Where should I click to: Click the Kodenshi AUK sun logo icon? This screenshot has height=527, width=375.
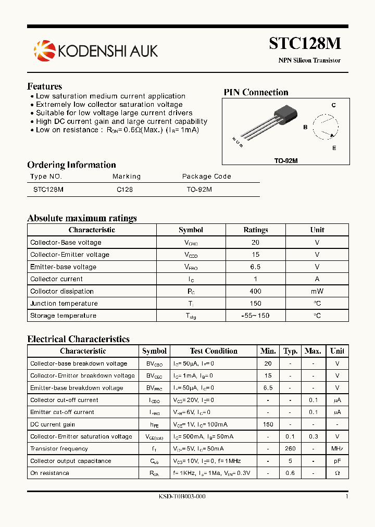[x=44, y=50]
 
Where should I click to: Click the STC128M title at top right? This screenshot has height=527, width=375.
[x=305, y=43]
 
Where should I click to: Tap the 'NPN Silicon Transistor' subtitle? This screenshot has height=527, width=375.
[x=309, y=60]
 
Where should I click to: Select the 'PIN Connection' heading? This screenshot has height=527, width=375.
[x=256, y=93]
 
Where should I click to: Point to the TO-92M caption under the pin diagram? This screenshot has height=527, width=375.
[x=286, y=161]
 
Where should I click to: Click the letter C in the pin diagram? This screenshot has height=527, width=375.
[x=334, y=105]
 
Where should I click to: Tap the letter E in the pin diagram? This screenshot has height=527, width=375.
[x=334, y=148]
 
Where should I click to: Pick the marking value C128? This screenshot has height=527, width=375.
[x=124, y=190]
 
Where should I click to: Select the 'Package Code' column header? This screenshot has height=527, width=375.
[x=206, y=177]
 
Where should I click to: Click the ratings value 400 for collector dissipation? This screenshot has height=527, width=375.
[x=256, y=291]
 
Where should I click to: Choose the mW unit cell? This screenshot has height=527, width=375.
[x=317, y=291]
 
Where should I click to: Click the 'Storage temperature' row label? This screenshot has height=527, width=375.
[x=63, y=316]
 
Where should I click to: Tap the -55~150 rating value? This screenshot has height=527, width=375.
[x=256, y=316]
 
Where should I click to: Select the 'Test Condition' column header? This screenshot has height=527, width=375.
[x=214, y=351]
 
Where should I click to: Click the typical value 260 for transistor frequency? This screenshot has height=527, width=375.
[x=290, y=448]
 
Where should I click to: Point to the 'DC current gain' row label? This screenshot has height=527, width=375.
[x=53, y=424]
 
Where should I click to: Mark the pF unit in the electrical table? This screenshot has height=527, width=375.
[x=337, y=461]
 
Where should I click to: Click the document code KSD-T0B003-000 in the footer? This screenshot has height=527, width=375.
[x=182, y=497]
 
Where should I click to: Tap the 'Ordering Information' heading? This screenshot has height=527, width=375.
[x=71, y=165]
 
